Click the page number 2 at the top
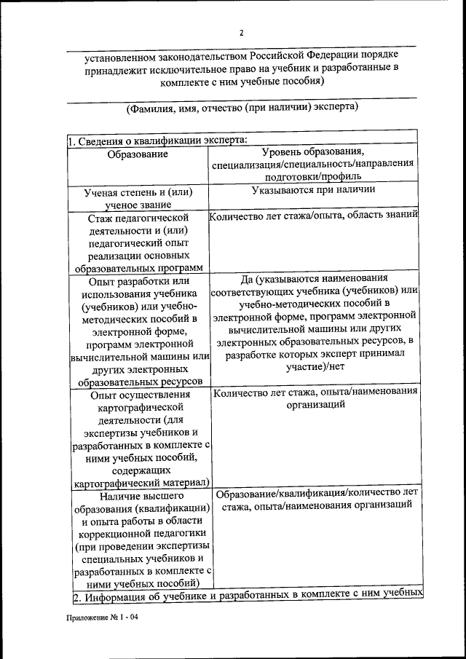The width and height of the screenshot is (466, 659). tap(242, 33)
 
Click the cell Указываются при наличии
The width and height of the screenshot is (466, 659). tap(314, 190)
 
